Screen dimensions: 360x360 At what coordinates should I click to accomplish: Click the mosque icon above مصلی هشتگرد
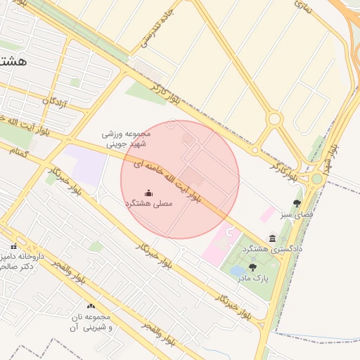[148, 193]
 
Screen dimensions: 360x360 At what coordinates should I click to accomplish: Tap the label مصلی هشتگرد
[148, 204]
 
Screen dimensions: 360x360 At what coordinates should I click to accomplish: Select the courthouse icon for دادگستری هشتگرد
[272, 239]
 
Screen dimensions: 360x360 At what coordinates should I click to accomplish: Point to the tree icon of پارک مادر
[252, 266]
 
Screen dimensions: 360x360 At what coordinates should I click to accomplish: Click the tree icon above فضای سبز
[297, 203]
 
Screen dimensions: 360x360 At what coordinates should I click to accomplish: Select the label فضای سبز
[295, 214]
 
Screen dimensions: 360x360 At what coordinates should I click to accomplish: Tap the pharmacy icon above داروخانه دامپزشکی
[13, 245]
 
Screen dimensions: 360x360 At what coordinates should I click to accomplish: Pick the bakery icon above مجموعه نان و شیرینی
[91, 306]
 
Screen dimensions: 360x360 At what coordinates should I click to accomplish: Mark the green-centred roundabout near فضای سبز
[317, 179]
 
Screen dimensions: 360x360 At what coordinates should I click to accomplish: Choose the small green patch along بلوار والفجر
[96, 246]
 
